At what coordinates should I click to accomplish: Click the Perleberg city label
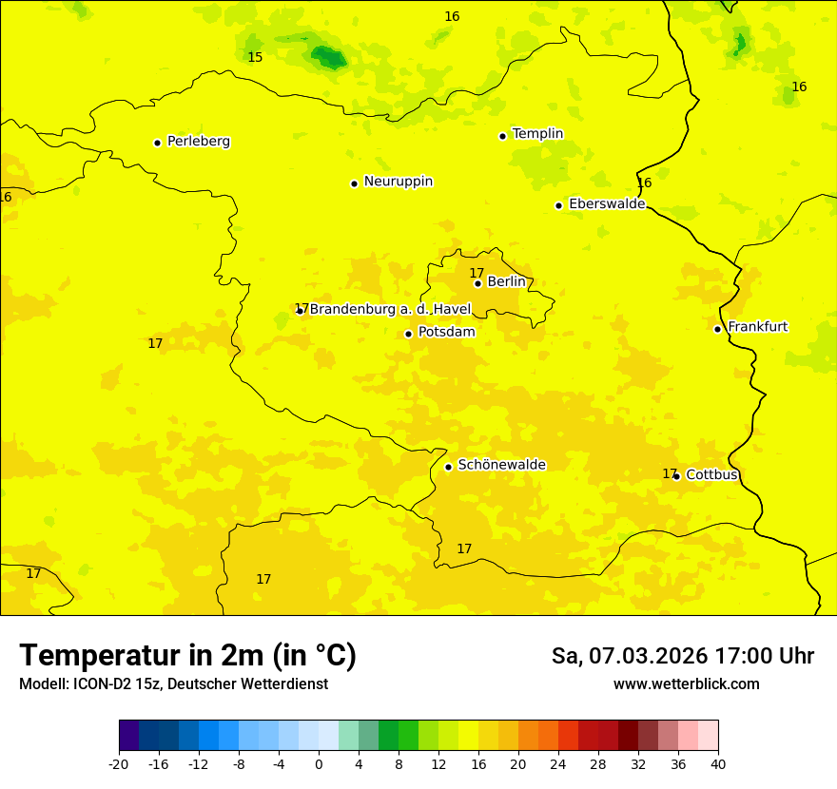(198, 142)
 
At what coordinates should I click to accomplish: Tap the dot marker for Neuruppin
(354, 183)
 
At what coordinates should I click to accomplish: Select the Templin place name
(537, 134)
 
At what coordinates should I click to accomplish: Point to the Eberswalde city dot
(559, 205)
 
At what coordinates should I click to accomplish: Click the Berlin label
(506, 282)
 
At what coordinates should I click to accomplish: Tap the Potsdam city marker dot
(408, 334)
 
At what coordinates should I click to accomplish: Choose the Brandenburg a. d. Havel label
(390, 309)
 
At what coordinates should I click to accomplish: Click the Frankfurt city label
(757, 327)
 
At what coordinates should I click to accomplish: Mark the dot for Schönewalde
(448, 467)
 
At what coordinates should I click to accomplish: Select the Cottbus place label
(711, 474)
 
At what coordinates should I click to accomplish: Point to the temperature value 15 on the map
(255, 58)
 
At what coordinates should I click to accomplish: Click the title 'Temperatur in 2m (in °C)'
(187, 656)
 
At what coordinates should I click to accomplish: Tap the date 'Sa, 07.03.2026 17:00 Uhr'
(682, 656)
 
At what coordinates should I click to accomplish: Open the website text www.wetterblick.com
(686, 683)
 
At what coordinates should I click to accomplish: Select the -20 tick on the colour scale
(119, 763)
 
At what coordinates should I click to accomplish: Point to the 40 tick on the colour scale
(718, 763)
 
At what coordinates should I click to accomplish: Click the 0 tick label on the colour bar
(319, 763)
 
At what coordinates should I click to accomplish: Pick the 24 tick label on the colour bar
(558, 763)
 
